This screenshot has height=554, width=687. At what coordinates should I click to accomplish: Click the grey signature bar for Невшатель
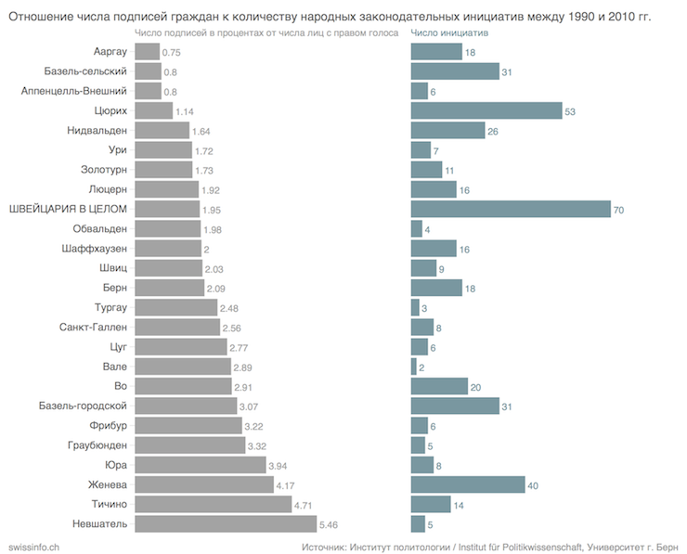point(225,524)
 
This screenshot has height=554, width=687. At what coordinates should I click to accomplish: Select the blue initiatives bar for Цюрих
point(486,110)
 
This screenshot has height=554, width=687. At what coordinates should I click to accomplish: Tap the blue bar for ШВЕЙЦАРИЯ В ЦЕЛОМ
point(511,210)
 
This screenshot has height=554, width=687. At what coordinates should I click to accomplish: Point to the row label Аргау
point(110,51)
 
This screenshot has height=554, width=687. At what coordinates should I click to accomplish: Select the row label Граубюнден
point(96,444)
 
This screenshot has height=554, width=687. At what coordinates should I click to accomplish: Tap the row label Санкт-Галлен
point(93,327)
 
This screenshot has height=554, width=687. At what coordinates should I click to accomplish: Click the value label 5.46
point(329,524)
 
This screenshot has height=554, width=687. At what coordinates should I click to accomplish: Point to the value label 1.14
point(185,111)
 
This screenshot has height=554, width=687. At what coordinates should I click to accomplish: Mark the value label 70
point(618,211)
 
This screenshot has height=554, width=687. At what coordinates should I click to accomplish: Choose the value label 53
point(570,111)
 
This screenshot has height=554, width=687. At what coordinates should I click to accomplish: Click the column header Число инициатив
point(449,32)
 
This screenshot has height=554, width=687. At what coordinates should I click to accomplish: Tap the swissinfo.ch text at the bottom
point(33,545)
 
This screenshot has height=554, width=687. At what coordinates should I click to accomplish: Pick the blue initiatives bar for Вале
point(413,367)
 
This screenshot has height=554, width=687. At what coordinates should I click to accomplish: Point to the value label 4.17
point(289,485)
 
